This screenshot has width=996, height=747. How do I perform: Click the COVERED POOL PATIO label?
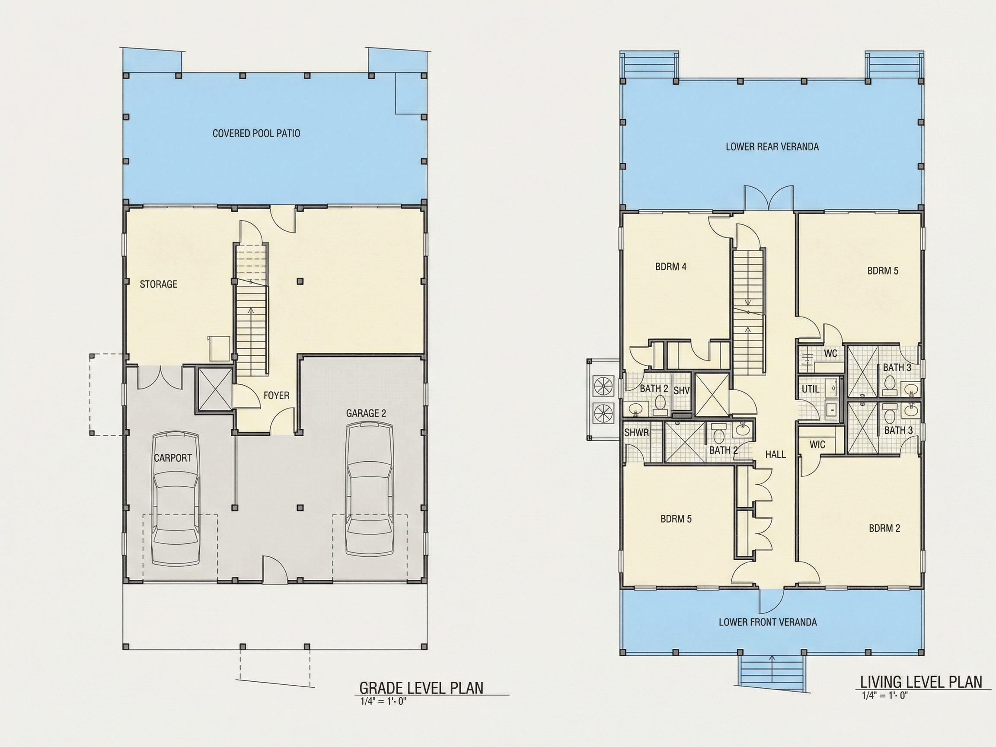point(256,133)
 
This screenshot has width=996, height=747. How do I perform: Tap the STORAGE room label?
point(159,284)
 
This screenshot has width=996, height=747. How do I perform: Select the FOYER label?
point(277,396)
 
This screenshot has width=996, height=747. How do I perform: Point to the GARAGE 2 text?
point(366,413)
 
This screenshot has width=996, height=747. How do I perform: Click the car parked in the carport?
point(176,499)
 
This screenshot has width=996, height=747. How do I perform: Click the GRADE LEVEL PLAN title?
point(421,688)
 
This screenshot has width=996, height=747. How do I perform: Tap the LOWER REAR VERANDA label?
point(772,147)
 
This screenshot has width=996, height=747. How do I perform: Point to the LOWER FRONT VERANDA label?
point(768,622)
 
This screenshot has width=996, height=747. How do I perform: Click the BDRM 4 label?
point(671,267)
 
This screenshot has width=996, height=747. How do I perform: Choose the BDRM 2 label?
point(885,528)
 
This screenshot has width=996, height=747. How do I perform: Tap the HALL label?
point(776,455)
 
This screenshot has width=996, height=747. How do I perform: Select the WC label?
point(831,354)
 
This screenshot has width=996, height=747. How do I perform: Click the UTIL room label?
point(811,389)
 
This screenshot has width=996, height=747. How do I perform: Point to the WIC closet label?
point(817,445)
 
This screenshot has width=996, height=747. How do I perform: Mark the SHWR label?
point(637,433)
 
